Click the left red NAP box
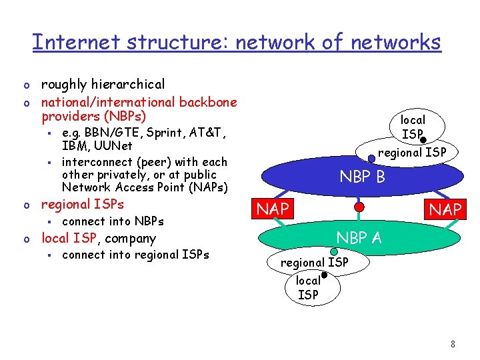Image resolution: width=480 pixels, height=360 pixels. (x=273, y=209)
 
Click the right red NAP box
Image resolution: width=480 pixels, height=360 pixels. (x=445, y=210)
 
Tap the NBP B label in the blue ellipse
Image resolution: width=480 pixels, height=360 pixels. (x=363, y=177)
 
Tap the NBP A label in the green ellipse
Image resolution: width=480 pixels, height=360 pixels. (x=359, y=237)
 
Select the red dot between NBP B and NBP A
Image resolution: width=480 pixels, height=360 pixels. (x=359, y=207)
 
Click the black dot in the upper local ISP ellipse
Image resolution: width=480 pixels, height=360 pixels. (x=423, y=141)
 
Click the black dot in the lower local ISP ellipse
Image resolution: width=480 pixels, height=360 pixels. (x=323, y=275)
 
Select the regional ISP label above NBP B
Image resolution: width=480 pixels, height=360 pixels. (x=412, y=153)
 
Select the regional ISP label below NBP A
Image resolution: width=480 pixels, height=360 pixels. (x=314, y=263)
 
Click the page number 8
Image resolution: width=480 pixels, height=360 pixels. (x=453, y=344)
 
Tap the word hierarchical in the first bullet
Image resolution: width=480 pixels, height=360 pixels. (x=130, y=84)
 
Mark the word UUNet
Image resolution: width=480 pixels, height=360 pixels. (x=115, y=145)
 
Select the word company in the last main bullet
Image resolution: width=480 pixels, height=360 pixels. (x=131, y=238)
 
